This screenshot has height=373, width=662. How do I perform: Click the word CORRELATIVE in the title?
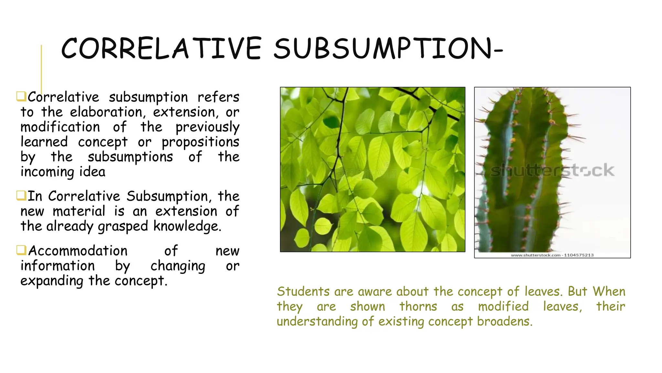coord(161,49)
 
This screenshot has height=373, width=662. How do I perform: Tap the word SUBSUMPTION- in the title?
coord(388,49)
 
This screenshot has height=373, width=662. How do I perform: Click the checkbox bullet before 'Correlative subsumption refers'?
coord(21,96)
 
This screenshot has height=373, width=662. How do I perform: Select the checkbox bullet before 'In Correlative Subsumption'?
coord(21,196)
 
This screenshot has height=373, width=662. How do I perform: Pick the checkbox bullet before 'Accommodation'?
coord(21,250)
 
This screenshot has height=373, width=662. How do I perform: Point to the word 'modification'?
coord(60,127)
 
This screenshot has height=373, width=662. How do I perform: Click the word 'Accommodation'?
coord(78,251)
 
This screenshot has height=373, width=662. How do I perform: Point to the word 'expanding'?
coord(52,281)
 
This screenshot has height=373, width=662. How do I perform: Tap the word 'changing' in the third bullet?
coord(178,266)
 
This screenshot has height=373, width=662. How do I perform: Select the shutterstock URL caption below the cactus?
coord(552,255)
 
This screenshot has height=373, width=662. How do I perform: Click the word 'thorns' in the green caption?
coord(418,306)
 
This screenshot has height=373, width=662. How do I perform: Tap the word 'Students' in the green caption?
coord(303,291)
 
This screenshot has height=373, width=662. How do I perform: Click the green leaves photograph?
coord(372,169)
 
